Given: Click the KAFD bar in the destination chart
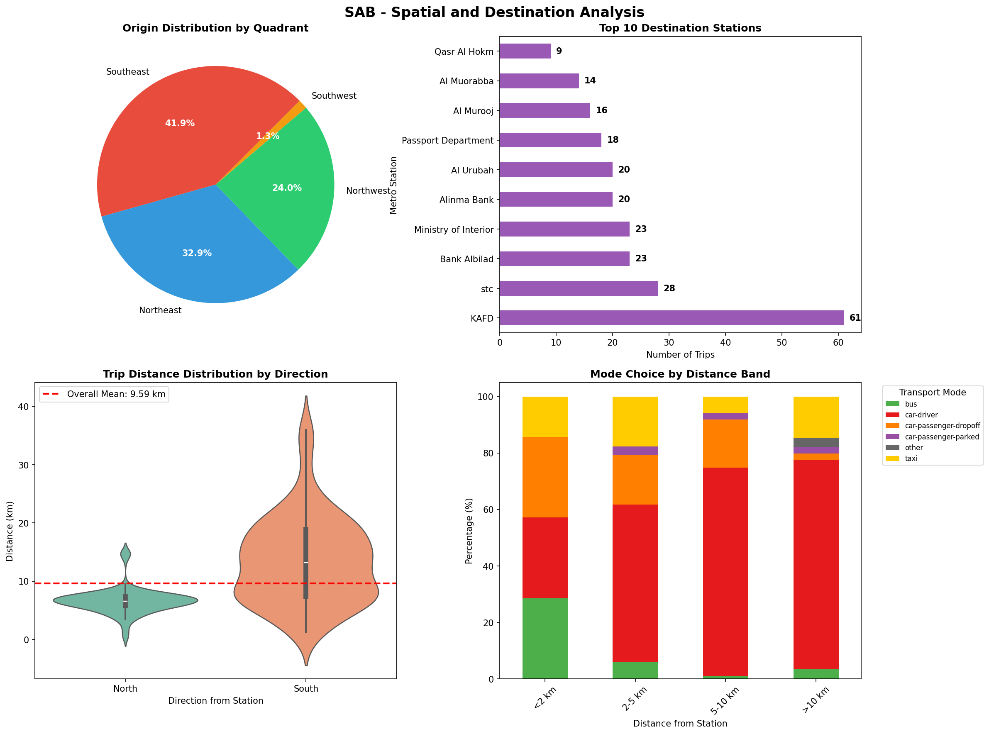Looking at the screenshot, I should click(671, 318).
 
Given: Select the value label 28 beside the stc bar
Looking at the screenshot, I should click(669, 288).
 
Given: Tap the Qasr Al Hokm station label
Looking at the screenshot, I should click(464, 51).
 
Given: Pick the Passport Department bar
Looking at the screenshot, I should click(550, 140).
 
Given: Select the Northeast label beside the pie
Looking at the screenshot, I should click(160, 310).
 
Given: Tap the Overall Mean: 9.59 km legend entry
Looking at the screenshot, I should click(105, 394).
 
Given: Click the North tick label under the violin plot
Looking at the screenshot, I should click(125, 688).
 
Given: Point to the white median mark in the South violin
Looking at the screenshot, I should click(306, 563).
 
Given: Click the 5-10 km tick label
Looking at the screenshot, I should click(724, 700).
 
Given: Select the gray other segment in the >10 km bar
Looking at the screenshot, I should click(816, 443).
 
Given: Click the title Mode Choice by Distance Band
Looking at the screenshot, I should click(680, 374).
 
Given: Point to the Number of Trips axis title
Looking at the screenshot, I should click(680, 355).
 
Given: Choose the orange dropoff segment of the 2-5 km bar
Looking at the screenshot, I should click(635, 479).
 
